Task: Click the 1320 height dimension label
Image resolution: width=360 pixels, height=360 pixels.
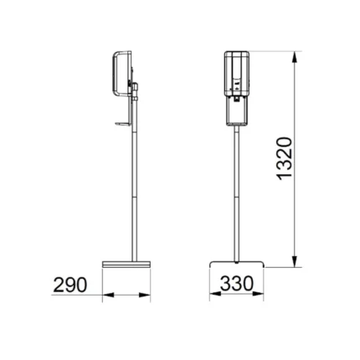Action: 285,158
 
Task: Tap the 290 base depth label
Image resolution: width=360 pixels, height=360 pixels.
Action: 70,285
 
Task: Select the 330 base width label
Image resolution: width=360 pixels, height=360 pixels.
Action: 237,284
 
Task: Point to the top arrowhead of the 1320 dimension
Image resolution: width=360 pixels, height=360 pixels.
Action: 295,58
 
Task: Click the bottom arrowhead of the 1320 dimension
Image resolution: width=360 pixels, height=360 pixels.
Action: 295,261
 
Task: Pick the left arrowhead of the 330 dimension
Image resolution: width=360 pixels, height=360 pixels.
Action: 215,294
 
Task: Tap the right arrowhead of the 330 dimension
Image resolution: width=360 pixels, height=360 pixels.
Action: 257,294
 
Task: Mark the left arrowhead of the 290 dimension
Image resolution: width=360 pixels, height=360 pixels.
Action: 109,295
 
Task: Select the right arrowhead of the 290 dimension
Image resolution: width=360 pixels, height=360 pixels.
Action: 145,295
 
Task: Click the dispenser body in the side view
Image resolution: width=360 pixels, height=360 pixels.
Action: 122,74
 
